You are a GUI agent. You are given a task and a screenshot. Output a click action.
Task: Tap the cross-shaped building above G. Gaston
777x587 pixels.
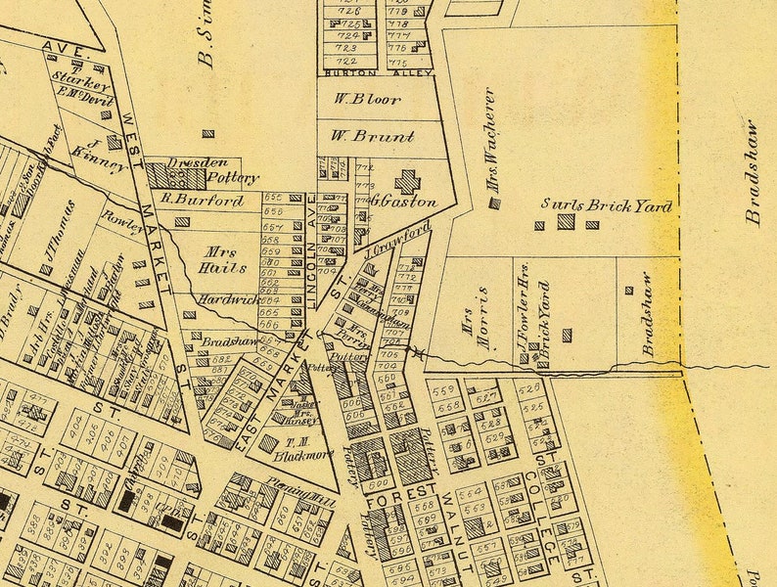tap(405, 181)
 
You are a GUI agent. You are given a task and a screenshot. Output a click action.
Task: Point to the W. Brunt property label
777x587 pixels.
tap(372, 137)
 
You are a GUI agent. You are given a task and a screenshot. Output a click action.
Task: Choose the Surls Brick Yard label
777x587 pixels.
tap(607, 206)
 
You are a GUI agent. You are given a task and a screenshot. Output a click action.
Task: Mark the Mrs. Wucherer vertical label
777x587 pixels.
tap(488, 139)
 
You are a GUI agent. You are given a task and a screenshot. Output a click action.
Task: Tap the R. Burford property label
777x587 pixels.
tap(202, 200)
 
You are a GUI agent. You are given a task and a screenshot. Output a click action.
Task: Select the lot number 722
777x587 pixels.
tap(345, 61)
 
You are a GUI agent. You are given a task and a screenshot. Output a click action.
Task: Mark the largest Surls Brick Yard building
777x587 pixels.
tap(566, 222)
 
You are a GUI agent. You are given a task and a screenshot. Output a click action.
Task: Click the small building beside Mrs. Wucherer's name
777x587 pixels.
tap(494, 204)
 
